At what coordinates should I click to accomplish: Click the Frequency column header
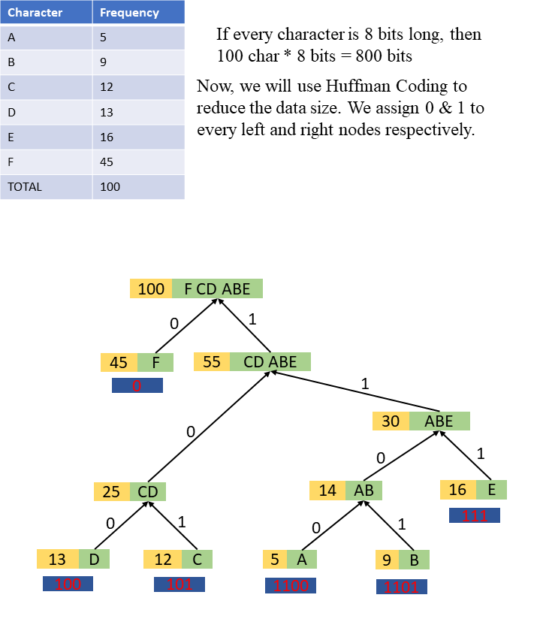tap(129, 12)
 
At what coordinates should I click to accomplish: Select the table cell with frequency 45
tap(138, 162)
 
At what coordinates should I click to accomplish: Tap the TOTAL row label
tap(47, 186)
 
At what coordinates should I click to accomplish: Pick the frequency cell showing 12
tap(138, 87)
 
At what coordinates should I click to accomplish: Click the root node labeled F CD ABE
tap(217, 288)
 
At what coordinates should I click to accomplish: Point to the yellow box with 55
tap(212, 362)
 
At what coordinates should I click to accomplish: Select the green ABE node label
tap(439, 421)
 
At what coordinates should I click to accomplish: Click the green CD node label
tap(148, 492)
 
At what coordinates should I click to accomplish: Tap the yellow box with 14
tap(327, 491)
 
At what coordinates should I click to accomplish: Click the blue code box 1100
tap(290, 586)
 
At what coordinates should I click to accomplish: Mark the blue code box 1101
tap(401, 587)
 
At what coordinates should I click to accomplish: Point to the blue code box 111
tap(474, 515)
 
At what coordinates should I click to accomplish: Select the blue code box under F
tap(137, 386)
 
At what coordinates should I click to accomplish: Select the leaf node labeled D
tap(93, 559)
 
